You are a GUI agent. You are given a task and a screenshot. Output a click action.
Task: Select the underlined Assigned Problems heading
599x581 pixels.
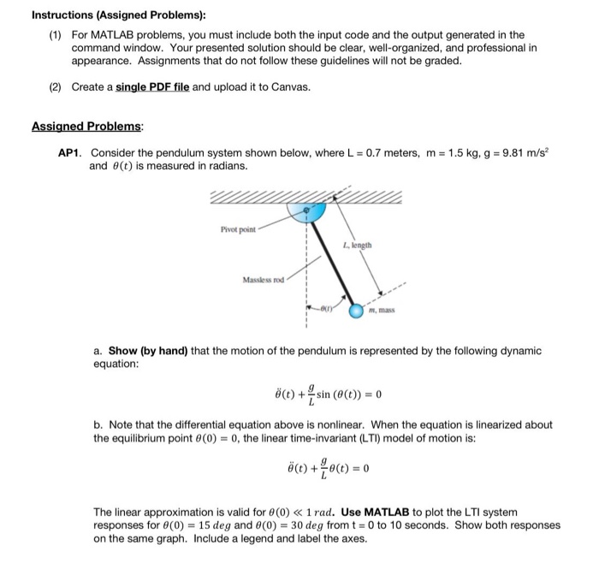pos(87,126)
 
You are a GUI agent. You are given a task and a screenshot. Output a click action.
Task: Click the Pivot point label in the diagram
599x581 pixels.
pos(239,230)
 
